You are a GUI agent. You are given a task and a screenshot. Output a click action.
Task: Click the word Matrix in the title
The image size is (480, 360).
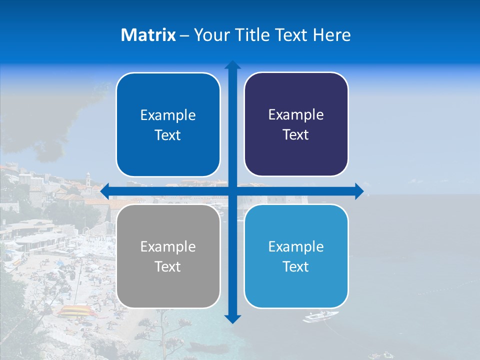pos(148,35)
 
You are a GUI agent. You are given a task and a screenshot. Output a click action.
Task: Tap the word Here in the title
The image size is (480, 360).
pos(332,35)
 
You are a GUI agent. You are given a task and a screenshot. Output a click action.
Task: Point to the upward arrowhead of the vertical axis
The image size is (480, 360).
pos(232,64)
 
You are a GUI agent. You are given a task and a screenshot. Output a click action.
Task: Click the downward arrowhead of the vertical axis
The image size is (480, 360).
pos(232,319)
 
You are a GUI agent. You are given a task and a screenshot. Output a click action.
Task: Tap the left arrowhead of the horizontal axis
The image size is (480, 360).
pos(105,191)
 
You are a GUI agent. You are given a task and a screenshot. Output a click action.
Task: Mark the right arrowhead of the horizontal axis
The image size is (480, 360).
pos(359,191)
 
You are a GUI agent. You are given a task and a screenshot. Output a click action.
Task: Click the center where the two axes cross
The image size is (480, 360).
pos(232,191)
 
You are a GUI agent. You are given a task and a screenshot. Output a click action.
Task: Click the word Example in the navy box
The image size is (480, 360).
pos(296,114)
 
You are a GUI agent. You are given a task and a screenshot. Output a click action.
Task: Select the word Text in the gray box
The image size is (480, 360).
pos(167,266)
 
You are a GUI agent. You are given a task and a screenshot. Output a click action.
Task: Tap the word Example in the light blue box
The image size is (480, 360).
pos(296,246)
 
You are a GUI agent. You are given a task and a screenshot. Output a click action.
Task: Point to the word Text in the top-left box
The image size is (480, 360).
pos(167,135)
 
